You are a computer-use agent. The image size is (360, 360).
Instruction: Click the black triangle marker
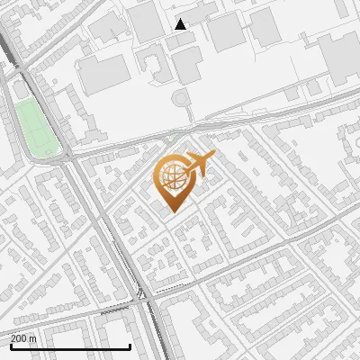(x=181, y=24)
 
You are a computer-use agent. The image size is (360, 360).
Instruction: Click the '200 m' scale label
(x=23, y=337)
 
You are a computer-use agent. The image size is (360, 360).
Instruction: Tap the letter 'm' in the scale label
(x=32, y=337)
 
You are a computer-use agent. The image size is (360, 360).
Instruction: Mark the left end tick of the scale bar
(x=11, y=346)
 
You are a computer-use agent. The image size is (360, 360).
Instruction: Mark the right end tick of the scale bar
(x=130, y=346)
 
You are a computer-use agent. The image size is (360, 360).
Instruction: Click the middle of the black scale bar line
(x=70, y=346)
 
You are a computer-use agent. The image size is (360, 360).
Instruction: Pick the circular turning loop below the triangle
(x=182, y=96)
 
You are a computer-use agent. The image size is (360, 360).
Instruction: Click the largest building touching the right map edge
(x=343, y=56)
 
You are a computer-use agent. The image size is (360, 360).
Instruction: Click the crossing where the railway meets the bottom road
(x=143, y=295)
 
